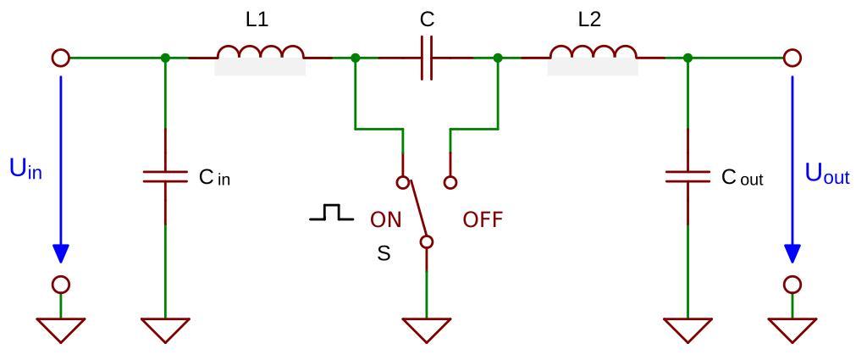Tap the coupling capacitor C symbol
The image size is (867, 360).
pyautogui.click(x=427, y=58)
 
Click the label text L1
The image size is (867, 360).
pyautogui.click(x=257, y=19)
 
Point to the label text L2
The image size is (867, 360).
pyautogui.click(x=589, y=19)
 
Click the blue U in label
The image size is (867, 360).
pyautogui.click(x=25, y=169)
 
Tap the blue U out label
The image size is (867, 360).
pyautogui.click(x=826, y=176)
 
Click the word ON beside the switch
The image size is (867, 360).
pyautogui.click(x=385, y=220)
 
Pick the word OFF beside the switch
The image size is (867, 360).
pyautogui.click(x=483, y=220)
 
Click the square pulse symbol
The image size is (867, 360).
pyautogui.click(x=331, y=213)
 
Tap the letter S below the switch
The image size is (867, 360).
pyautogui.click(x=384, y=253)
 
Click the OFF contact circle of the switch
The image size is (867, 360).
pyautogui.click(x=450, y=182)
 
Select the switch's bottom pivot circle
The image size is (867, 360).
pyautogui.click(x=427, y=242)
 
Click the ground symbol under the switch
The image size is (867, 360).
pyautogui.click(x=427, y=329)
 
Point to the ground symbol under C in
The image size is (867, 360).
pyautogui.click(x=165, y=329)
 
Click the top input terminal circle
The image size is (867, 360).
pyautogui.click(x=60, y=58)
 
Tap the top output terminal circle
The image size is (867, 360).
pyautogui.click(x=792, y=58)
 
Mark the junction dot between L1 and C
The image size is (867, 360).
pyautogui.click(x=356, y=58)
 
